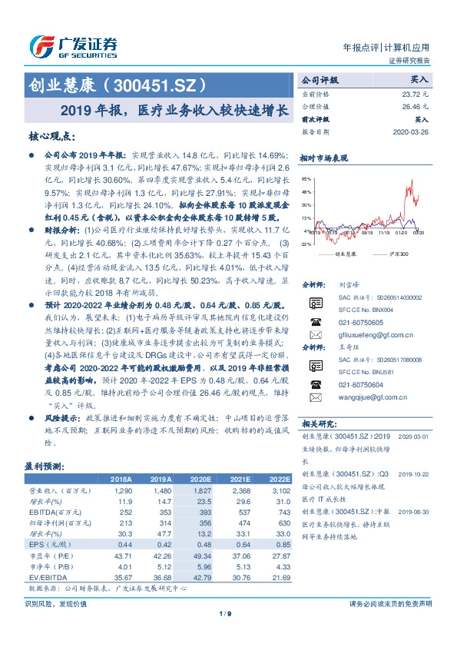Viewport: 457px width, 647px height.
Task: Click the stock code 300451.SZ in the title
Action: click(x=154, y=84)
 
